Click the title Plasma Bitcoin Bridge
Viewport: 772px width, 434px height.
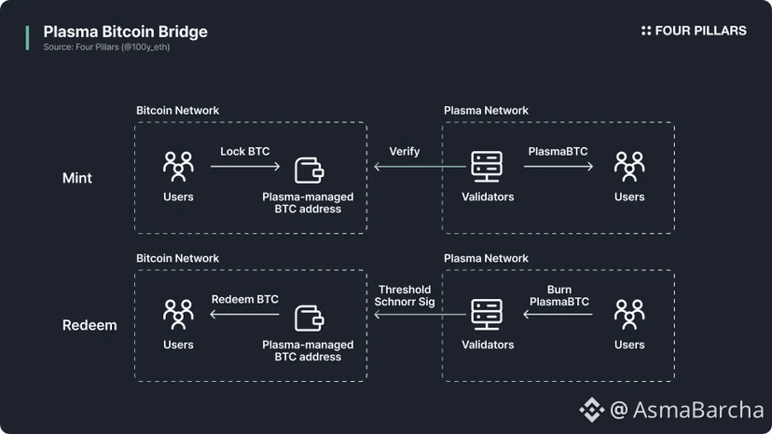pyautogui.click(x=125, y=32)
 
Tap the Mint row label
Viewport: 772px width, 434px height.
pyautogui.click(x=77, y=178)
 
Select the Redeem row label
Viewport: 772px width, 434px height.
pyautogui.click(x=90, y=326)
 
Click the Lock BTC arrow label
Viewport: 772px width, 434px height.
pyautogui.click(x=244, y=151)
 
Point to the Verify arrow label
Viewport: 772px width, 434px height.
pyautogui.click(x=405, y=151)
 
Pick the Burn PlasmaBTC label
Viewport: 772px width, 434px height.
pyautogui.click(x=558, y=296)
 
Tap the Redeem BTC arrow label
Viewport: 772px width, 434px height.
pyautogui.click(x=244, y=299)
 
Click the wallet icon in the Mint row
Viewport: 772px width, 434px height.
pyautogui.click(x=309, y=170)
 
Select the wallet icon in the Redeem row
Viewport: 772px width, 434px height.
pyautogui.click(x=309, y=317)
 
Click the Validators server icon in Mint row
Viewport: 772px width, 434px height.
pyautogui.click(x=488, y=167)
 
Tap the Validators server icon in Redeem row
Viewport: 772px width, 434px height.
pyautogui.click(x=488, y=315)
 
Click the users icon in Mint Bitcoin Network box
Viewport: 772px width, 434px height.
pyautogui.click(x=178, y=167)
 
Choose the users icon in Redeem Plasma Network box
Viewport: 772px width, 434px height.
pyautogui.click(x=629, y=315)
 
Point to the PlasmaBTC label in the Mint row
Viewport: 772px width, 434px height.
pyautogui.click(x=558, y=151)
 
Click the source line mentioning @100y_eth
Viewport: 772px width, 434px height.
pyautogui.click(x=106, y=47)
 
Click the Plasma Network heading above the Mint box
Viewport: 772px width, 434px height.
pyautogui.click(x=486, y=111)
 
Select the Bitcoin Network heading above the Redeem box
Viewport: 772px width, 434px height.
pyautogui.click(x=177, y=258)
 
